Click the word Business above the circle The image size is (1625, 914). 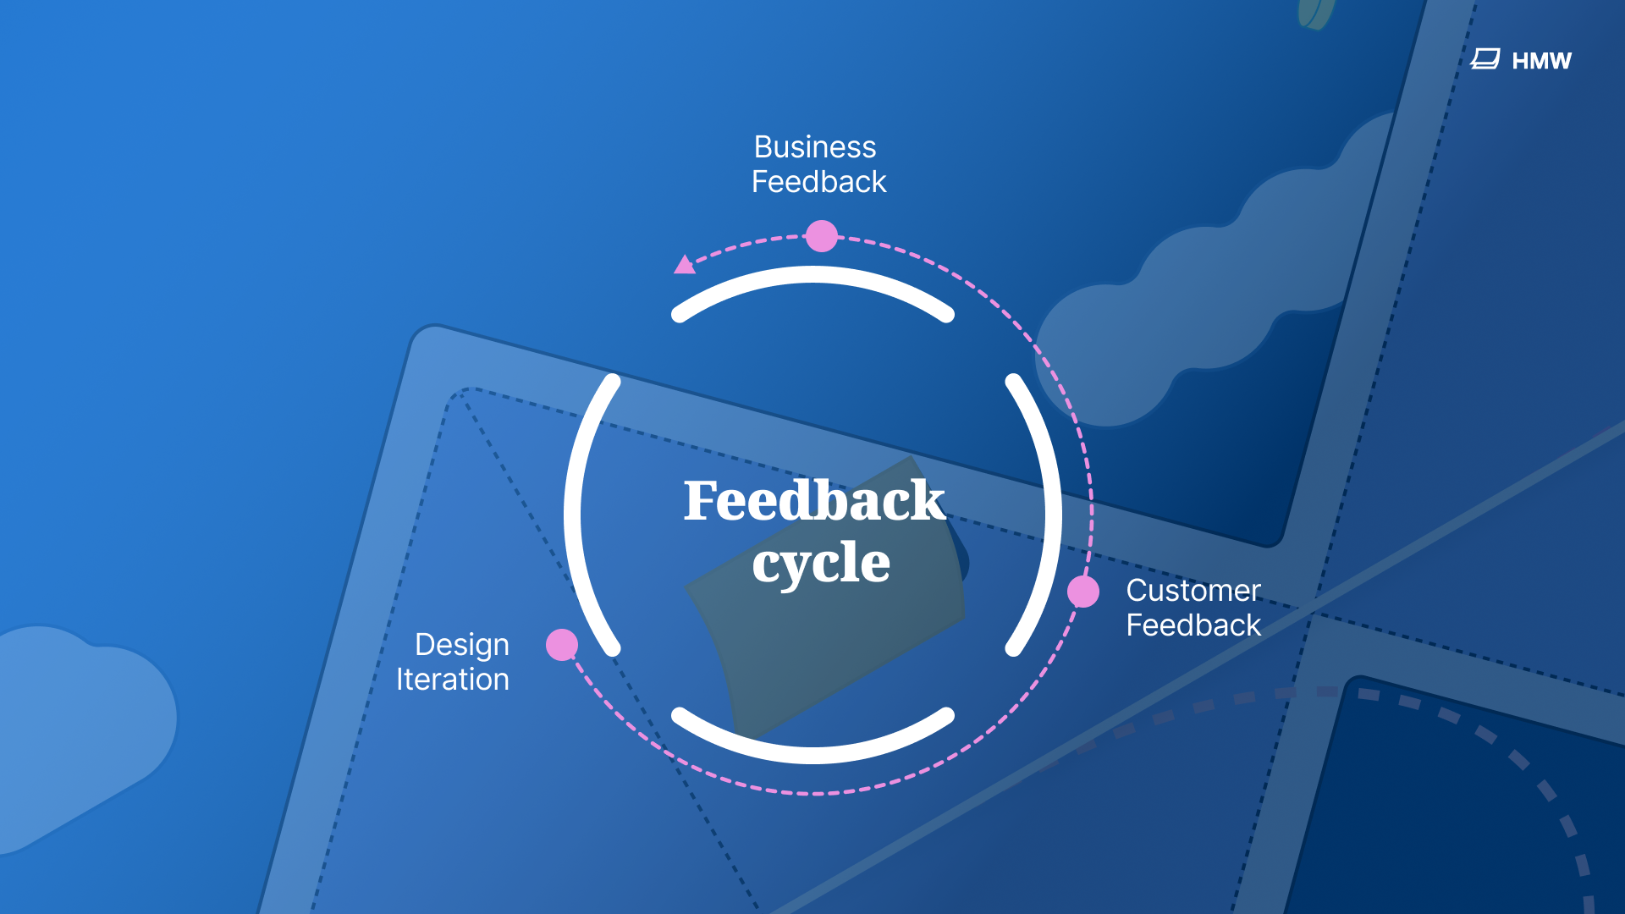click(814, 147)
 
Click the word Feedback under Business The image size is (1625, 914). click(818, 182)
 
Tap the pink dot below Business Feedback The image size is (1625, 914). click(821, 236)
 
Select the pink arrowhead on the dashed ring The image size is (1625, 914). click(684, 265)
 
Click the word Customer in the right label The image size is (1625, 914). click(1193, 590)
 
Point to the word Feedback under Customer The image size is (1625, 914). click(1193, 625)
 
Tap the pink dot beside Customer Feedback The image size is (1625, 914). click(1082, 592)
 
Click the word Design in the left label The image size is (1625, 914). click(461, 645)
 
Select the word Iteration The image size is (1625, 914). click(452, 680)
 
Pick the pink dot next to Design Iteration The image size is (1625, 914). click(562, 645)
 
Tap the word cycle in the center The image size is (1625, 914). click(820, 563)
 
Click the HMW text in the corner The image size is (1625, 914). click(1541, 61)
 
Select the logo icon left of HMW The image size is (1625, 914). click(1485, 59)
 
